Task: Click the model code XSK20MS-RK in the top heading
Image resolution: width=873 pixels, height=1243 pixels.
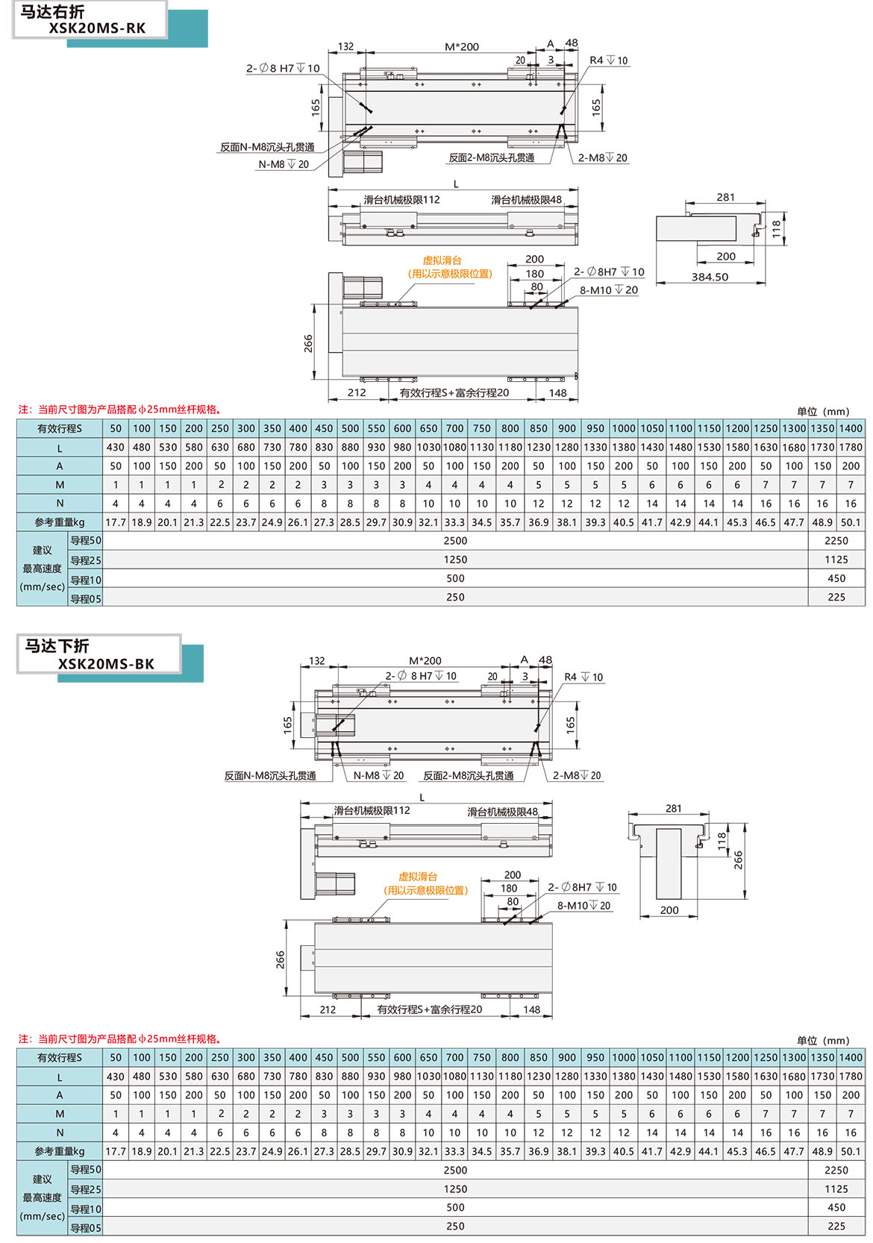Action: coord(97,28)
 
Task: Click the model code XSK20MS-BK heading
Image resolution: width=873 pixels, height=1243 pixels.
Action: coord(106,663)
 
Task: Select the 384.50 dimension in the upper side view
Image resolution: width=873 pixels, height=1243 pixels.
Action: coord(709,277)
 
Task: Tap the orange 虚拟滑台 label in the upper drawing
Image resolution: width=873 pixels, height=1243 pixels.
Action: coord(442,260)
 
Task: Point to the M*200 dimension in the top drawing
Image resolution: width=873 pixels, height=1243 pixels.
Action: coord(462,46)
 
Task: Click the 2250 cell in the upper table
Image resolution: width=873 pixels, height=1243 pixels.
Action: coord(836,541)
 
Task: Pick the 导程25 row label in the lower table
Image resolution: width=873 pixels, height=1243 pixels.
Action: coord(86,1189)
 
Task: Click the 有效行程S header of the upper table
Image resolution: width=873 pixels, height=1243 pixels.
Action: coord(60,428)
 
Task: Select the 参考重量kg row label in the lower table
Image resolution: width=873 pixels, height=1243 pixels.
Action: coord(60,1151)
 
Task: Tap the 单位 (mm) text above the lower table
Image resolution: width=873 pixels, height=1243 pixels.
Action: coord(822,1040)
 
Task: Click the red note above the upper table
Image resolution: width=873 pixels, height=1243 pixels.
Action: coord(119,409)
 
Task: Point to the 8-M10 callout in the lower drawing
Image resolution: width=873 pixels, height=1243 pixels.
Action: coord(583,906)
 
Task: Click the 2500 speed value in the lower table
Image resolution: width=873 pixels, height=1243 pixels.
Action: coord(455,1170)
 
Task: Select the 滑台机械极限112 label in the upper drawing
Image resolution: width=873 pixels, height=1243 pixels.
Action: coord(401,200)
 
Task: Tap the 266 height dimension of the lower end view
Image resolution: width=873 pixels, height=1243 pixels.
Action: coord(738,860)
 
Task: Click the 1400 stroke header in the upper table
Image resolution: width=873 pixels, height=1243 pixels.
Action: coord(851,428)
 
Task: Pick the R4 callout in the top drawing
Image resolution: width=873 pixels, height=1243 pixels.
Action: coord(608,60)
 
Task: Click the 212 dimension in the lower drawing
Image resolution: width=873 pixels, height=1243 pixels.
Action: coord(328,1009)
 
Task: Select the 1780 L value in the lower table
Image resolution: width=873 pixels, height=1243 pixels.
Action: coord(851,1077)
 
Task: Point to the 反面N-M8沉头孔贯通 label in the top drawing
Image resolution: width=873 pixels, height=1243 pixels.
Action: coord(267,147)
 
